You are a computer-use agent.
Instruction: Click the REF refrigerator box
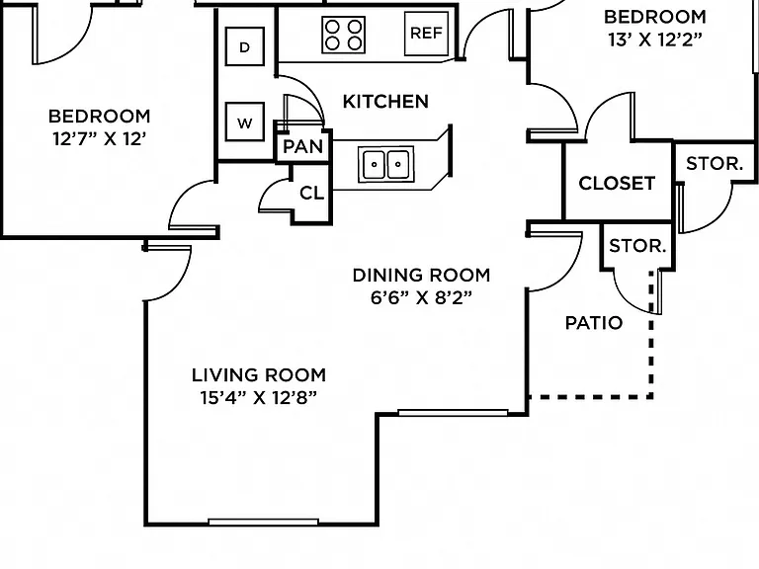click(x=427, y=33)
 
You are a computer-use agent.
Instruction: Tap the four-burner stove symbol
click(x=343, y=35)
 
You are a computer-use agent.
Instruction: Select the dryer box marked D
click(x=245, y=46)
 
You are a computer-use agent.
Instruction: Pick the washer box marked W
click(x=245, y=122)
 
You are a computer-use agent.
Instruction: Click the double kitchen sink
click(x=385, y=165)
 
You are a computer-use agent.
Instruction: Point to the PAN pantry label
click(x=303, y=146)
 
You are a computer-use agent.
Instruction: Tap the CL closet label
click(x=311, y=193)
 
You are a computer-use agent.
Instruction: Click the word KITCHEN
click(x=385, y=102)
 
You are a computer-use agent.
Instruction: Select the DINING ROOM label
click(x=421, y=276)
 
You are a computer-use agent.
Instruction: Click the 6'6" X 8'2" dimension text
click(x=421, y=297)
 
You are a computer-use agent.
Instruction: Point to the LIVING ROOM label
click(x=259, y=375)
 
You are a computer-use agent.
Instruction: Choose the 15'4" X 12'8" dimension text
click(x=259, y=398)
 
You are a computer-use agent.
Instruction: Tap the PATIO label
click(x=594, y=323)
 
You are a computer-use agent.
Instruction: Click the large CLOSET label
click(x=617, y=184)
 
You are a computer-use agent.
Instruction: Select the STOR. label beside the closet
click(x=715, y=164)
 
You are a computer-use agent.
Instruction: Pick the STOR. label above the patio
click(x=637, y=246)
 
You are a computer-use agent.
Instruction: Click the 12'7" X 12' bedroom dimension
click(x=99, y=139)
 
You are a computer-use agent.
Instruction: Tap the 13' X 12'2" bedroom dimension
click(x=655, y=40)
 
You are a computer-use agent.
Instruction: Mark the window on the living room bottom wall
click(x=263, y=522)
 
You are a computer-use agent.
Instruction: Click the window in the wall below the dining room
click(x=453, y=413)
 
